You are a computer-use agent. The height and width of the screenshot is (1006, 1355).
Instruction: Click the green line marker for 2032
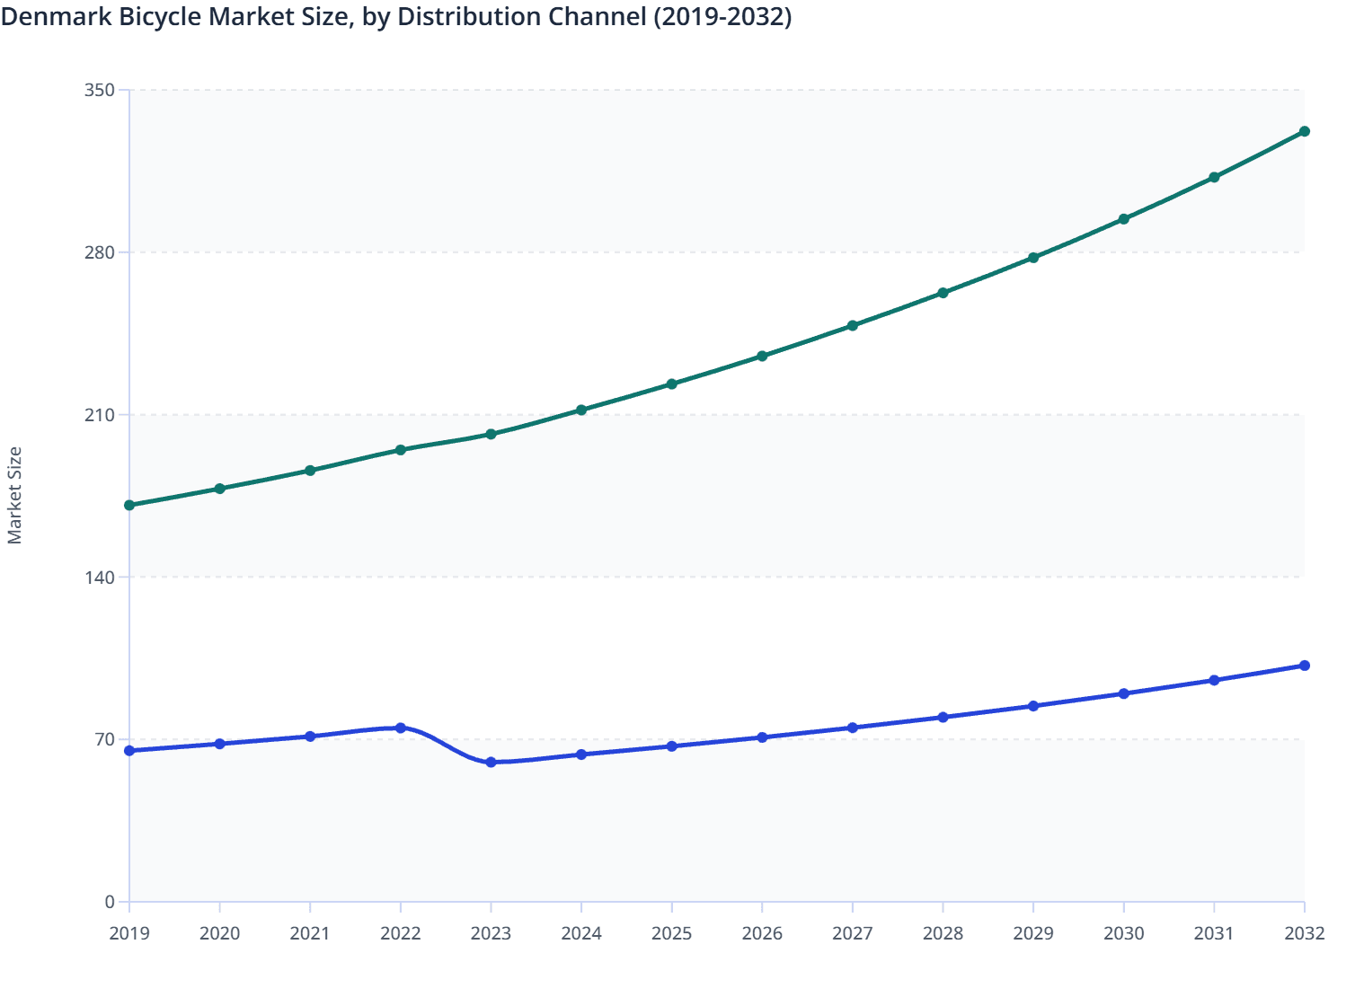point(1305,132)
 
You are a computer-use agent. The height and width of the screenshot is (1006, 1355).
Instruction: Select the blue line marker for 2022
point(401,728)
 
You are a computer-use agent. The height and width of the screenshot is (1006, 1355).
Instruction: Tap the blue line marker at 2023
point(491,763)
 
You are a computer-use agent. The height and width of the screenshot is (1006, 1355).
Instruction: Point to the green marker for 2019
point(129,506)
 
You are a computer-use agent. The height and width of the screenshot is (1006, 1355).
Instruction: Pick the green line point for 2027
point(853,326)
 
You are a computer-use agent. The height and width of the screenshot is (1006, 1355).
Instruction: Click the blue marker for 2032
point(1305,666)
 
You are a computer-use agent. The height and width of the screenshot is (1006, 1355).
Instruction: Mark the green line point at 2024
point(581,410)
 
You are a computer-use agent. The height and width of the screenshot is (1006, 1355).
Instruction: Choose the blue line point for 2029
point(1033,706)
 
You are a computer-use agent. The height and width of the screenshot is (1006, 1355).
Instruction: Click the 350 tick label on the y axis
point(100,90)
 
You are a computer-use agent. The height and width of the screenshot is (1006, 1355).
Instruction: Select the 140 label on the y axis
point(100,578)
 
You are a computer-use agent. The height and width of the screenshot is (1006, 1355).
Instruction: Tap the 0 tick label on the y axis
point(110,902)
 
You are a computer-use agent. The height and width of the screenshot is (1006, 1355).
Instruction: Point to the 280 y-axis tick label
point(100,252)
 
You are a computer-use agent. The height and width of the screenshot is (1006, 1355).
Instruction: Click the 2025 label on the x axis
point(671,934)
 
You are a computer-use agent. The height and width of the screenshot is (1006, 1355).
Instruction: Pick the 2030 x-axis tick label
point(1123,934)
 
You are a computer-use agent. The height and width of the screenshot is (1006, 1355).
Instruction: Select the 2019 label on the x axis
point(129,934)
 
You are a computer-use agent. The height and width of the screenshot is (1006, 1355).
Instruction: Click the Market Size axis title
point(15,496)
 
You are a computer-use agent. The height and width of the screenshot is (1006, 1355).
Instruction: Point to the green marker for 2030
point(1123,219)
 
